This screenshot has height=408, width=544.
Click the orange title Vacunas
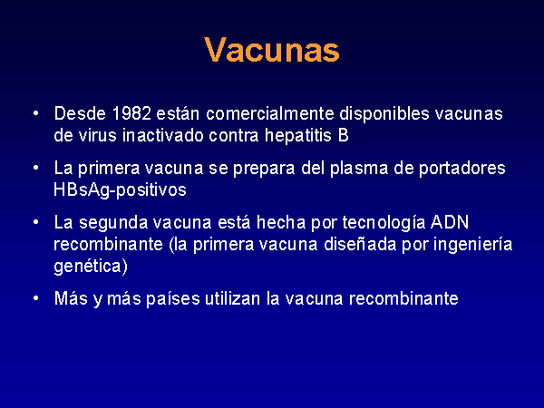(x=272, y=50)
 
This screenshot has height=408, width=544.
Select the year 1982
(x=131, y=113)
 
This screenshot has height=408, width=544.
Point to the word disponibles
(x=384, y=114)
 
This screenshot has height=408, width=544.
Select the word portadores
(x=461, y=169)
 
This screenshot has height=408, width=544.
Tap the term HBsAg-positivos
(x=120, y=190)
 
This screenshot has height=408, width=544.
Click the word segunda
(x=113, y=223)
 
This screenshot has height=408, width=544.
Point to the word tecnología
(x=384, y=223)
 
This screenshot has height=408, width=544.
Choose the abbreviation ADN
(x=450, y=222)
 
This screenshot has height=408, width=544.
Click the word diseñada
(x=360, y=244)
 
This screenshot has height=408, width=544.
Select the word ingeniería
(x=473, y=245)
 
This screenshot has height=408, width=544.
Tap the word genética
(x=91, y=267)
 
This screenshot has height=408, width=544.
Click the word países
(x=173, y=299)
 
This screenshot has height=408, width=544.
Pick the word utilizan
(x=232, y=298)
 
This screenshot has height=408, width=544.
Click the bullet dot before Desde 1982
(x=35, y=113)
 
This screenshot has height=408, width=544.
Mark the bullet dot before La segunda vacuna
(x=35, y=222)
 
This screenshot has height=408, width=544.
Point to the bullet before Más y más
(x=35, y=298)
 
